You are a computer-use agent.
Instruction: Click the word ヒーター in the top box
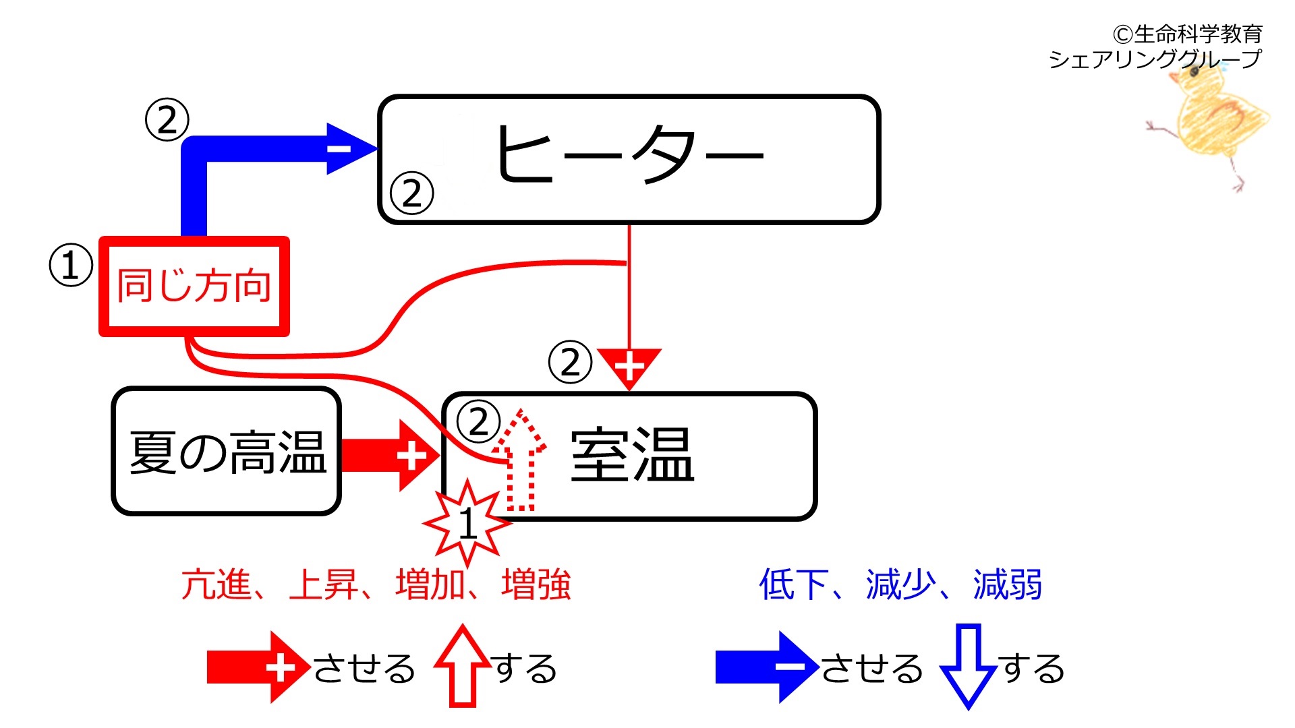[x=629, y=154]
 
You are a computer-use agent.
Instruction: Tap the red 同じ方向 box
[x=194, y=286]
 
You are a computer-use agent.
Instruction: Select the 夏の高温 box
[x=227, y=451]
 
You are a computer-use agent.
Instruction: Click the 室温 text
[x=632, y=456]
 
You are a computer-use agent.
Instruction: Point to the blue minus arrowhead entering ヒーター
[x=351, y=148]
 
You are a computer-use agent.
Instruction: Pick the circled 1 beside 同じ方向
[x=71, y=266]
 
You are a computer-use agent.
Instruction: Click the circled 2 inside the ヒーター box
[x=411, y=193]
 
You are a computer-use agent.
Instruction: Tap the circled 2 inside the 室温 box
[x=478, y=422]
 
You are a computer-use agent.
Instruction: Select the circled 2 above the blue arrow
[x=167, y=120]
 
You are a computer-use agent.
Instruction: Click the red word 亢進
[x=216, y=584]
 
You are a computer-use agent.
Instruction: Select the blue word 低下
[x=794, y=584]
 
